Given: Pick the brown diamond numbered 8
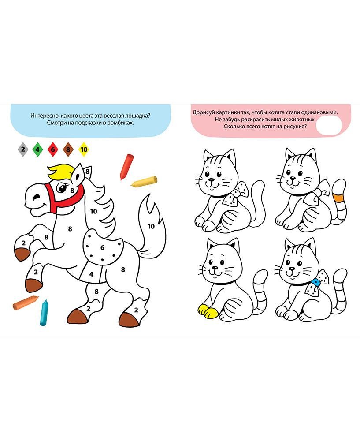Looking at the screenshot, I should click(68, 149).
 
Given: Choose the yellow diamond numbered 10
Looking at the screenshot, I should click(84, 149).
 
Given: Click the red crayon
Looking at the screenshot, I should click(126, 166).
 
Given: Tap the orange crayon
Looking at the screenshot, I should click(26, 302).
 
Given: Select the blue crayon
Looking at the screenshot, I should click(44, 312).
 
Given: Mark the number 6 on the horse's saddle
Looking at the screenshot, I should click(102, 247).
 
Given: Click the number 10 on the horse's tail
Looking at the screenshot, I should click(151, 226).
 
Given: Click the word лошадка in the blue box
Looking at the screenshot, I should click(132, 116).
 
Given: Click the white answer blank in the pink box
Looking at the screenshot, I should click(330, 126).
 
